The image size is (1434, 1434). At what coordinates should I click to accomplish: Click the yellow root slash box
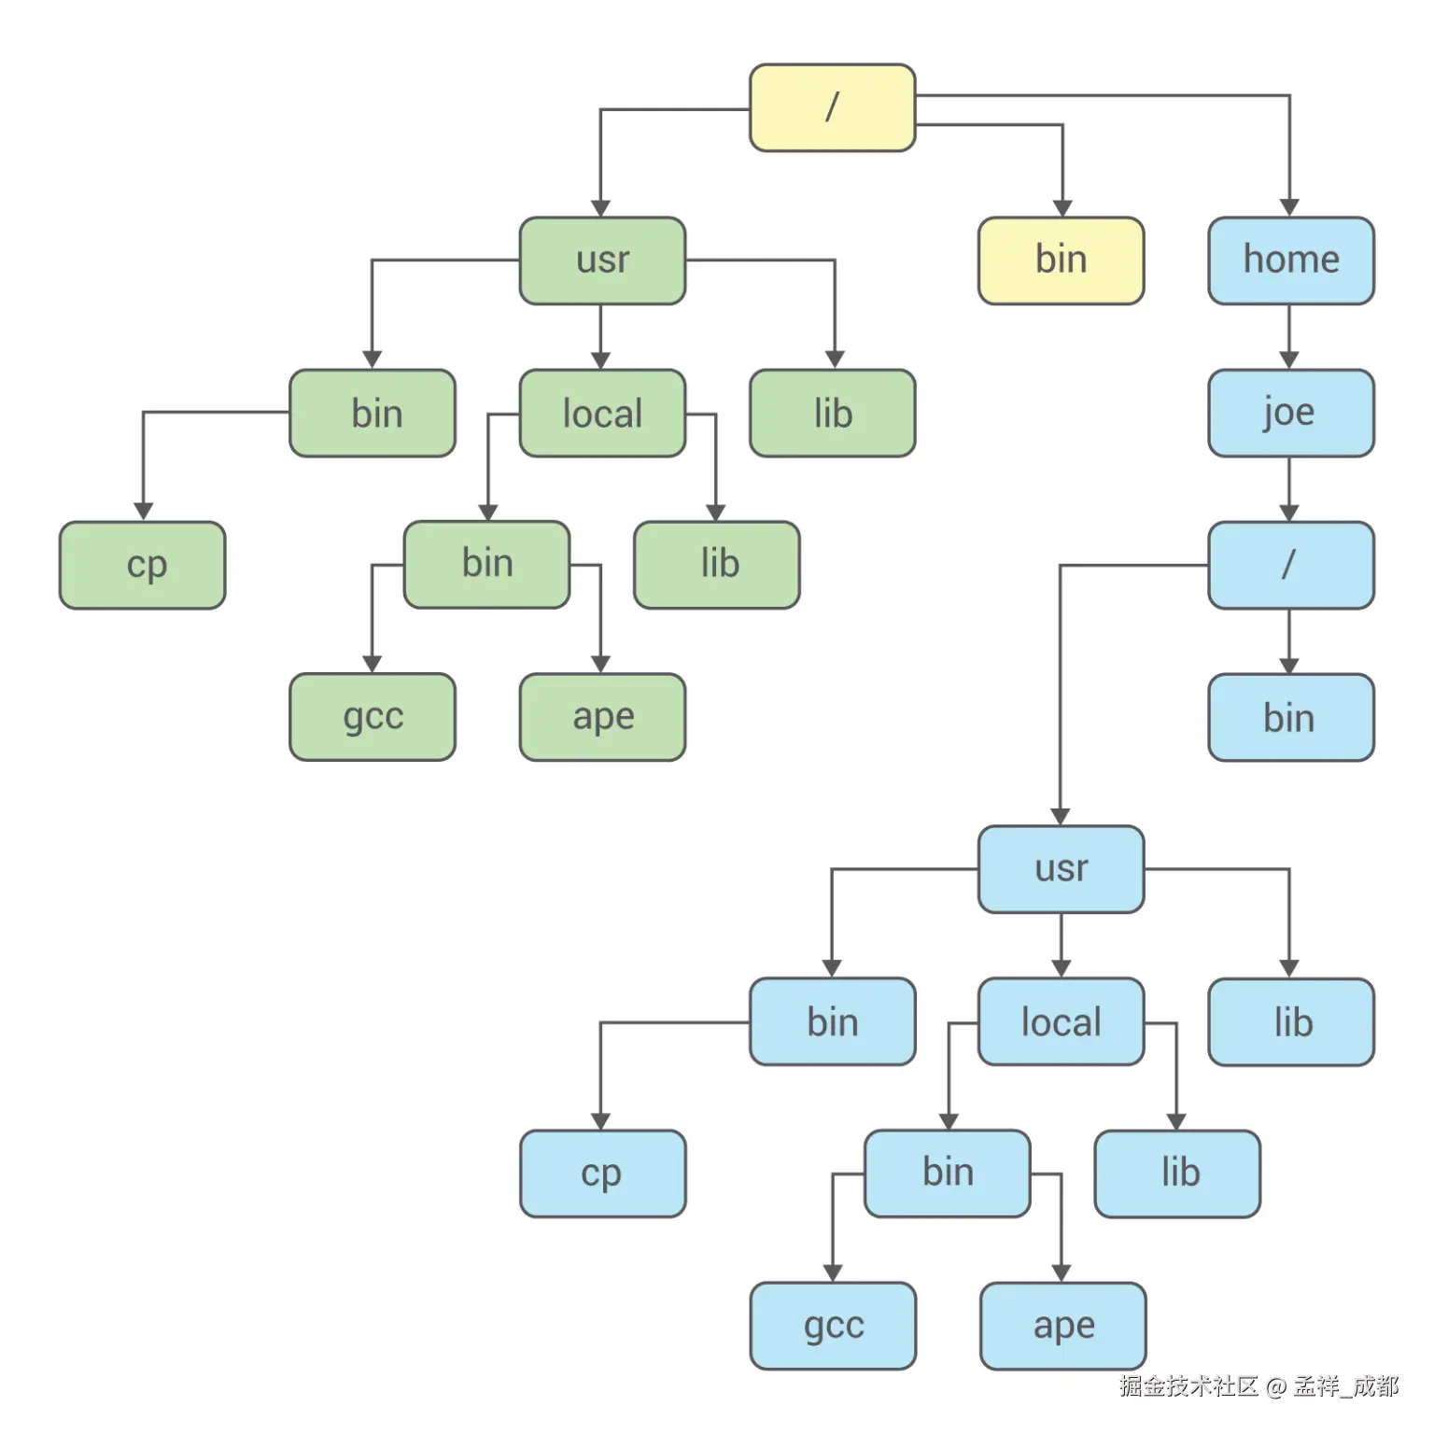click(x=832, y=107)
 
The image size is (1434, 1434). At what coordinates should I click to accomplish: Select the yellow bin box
click(x=1061, y=260)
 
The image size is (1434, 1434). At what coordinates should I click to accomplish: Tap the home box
click(x=1290, y=260)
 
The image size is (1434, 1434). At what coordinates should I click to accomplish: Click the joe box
click(x=1290, y=413)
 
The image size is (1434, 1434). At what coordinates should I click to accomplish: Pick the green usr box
click(x=602, y=260)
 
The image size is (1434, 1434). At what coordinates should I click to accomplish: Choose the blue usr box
click(x=1061, y=869)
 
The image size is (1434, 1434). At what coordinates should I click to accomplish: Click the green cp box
click(x=143, y=565)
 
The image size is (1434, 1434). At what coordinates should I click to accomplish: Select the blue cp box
click(x=602, y=1174)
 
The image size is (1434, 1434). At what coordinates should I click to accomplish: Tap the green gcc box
click(x=373, y=717)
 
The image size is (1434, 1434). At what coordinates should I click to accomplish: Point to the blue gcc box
click(x=833, y=1326)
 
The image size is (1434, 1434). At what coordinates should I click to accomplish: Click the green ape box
click(x=602, y=717)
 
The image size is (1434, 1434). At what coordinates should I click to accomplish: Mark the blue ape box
click(x=1062, y=1326)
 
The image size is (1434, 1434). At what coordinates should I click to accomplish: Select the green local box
click(x=602, y=413)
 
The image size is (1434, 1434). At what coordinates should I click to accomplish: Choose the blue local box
click(x=1061, y=1021)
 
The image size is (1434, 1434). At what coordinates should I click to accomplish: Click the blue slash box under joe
click(x=1290, y=565)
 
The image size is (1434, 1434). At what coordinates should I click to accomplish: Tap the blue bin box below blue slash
click(x=1290, y=717)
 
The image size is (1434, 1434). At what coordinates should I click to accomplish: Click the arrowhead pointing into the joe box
click(x=1289, y=360)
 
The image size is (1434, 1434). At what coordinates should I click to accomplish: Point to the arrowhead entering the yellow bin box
click(x=1062, y=208)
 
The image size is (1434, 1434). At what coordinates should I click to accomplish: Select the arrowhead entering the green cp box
click(x=143, y=512)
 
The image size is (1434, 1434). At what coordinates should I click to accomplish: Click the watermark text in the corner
click(x=1258, y=1385)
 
